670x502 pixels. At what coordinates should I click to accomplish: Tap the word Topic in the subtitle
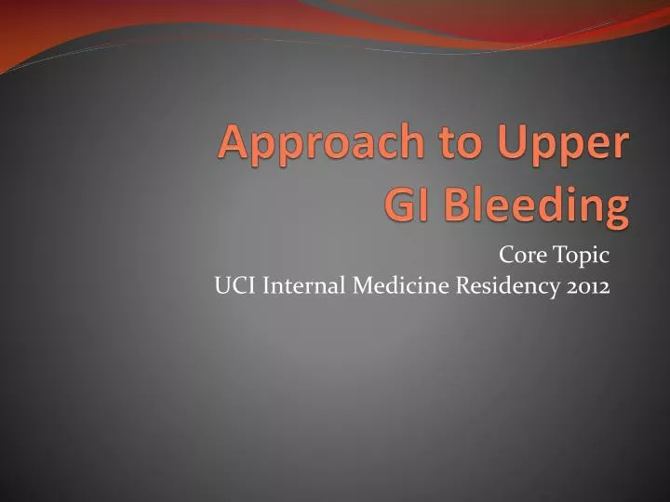pos(583,255)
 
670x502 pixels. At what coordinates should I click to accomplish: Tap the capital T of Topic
pos(560,254)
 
